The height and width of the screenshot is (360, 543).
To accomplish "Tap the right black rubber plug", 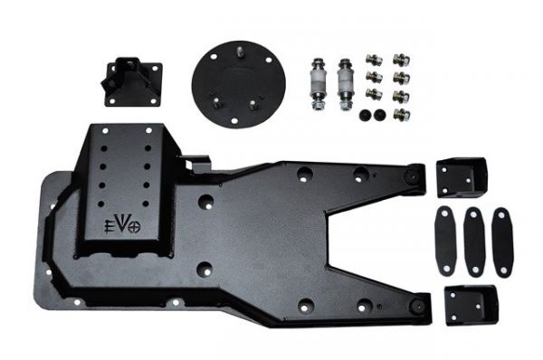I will [x=378, y=115].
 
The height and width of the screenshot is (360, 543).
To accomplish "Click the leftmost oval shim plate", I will [x=443, y=242].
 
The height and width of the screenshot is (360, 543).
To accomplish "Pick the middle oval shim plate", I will [x=473, y=242].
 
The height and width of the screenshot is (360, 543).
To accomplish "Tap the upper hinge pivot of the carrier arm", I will [x=414, y=174].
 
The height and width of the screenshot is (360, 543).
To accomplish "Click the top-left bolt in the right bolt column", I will [x=372, y=60].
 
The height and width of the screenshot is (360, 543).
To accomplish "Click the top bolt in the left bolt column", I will [x=372, y=60].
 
